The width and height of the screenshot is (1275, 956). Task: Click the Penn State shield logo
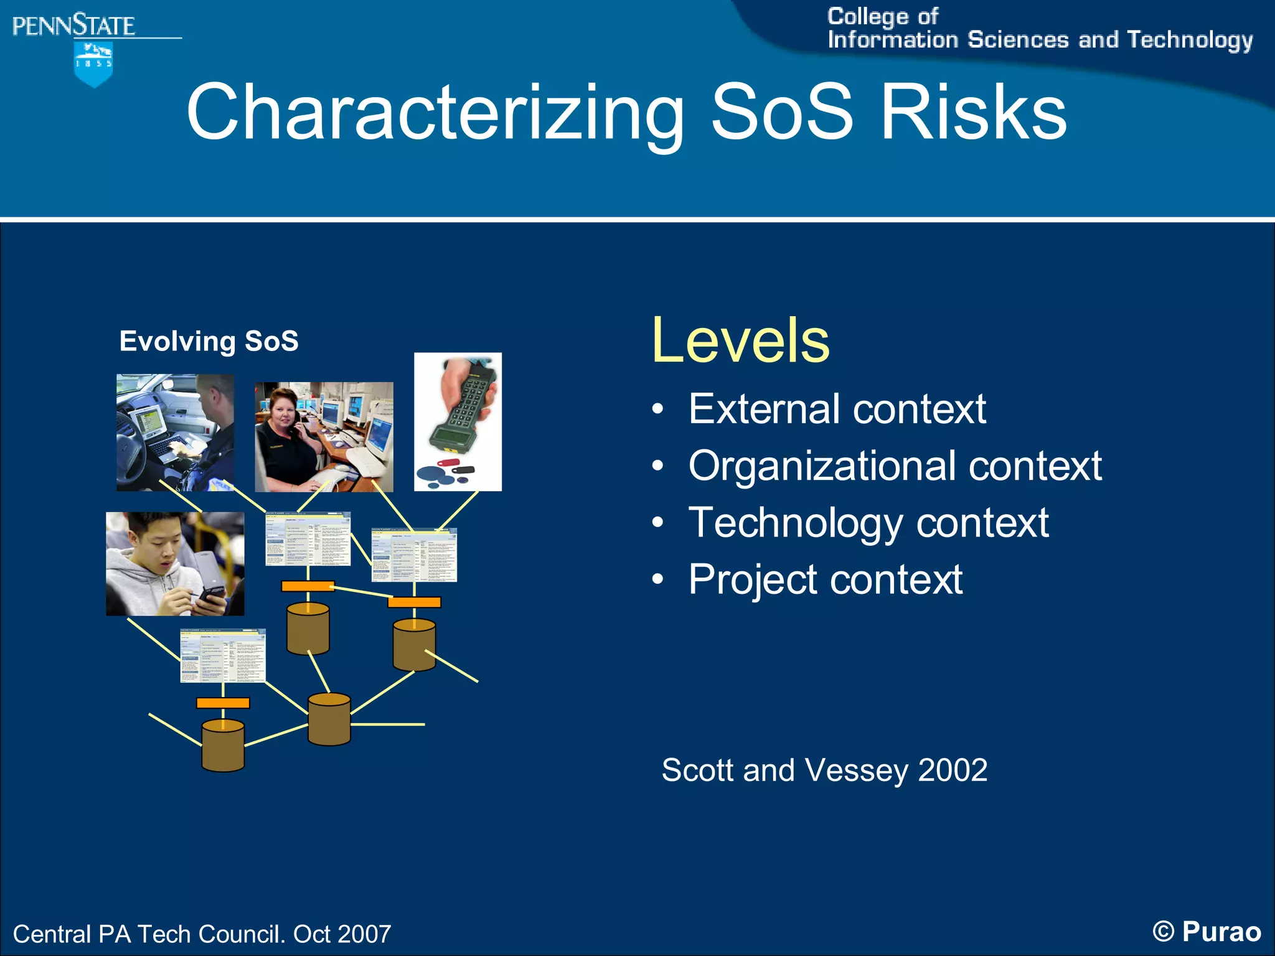point(93,63)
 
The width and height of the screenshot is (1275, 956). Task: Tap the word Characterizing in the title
point(435,113)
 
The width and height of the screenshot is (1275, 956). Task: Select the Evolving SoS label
point(209,341)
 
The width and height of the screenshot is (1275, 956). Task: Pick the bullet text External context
point(837,409)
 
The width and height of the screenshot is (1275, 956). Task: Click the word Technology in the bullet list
point(795,522)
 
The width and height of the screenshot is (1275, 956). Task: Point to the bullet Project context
point(825,579)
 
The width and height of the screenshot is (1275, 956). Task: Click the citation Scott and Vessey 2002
point(824,770)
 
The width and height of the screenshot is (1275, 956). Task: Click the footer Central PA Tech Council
point(201,934)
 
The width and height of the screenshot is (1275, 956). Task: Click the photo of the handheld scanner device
point(458,421)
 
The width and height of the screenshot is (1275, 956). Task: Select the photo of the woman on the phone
point(324,436)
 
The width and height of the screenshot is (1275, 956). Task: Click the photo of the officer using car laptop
point(175,432)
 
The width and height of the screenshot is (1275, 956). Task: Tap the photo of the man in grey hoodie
point(175,564)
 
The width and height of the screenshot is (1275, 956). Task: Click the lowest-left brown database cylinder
point(223,745)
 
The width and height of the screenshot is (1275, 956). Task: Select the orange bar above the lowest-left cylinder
point(223,703)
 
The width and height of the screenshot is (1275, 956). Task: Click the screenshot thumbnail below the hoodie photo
point(223,655)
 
